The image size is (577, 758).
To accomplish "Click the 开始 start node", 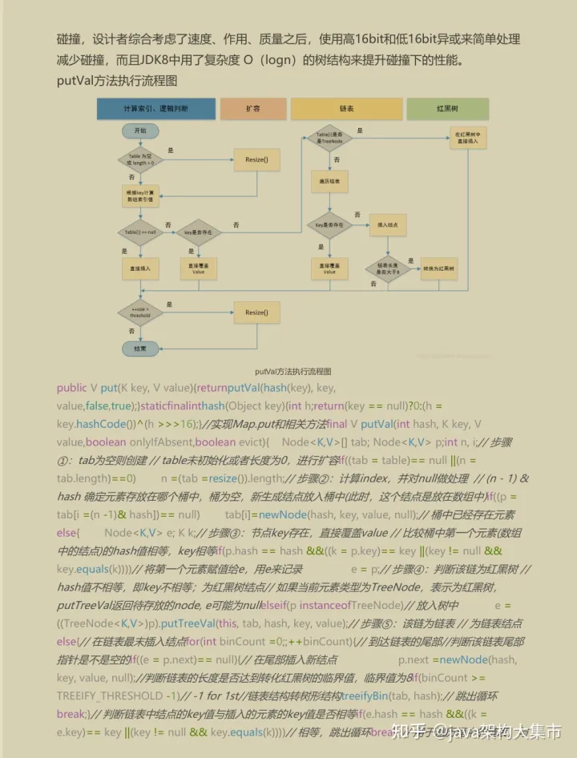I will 141,131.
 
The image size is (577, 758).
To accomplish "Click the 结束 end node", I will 140,349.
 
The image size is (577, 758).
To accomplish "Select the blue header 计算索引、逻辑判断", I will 155,109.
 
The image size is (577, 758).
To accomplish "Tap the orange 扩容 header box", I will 252,109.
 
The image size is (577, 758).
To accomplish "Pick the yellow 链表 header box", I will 346,109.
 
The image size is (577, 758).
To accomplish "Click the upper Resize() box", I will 256,160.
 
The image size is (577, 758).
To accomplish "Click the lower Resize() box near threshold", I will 256,312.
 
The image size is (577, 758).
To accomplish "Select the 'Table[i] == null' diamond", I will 140,232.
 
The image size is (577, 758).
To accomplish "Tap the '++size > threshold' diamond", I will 140,311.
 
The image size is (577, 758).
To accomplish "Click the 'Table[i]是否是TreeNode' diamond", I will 329,137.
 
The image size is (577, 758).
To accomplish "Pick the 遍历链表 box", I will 329,183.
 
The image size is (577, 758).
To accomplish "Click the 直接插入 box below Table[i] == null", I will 140,268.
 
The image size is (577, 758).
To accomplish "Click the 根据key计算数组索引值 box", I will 140,196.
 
